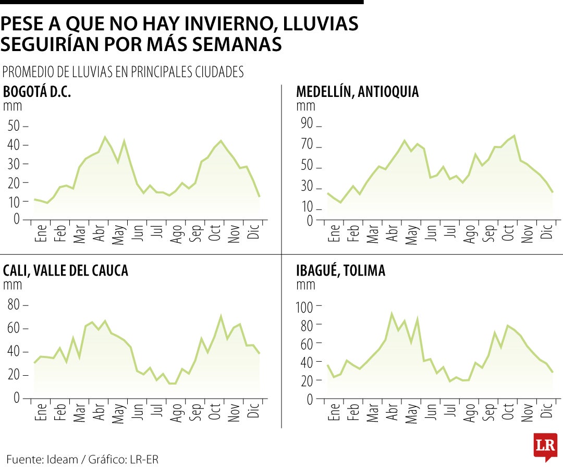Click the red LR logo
[545, 447]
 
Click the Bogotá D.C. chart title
[37, 92]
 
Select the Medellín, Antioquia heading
[357, 92]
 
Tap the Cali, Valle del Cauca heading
[65, 270]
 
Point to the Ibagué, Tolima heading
[340, 270]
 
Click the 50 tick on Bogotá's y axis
[14, 126]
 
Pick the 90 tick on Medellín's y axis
[307, 124]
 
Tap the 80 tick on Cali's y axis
[14, 304]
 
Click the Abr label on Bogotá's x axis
[99, 234]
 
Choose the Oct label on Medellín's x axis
[508, 234]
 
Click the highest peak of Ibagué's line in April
[391, 314]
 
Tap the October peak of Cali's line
[221, 316]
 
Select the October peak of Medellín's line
[515, 135]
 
